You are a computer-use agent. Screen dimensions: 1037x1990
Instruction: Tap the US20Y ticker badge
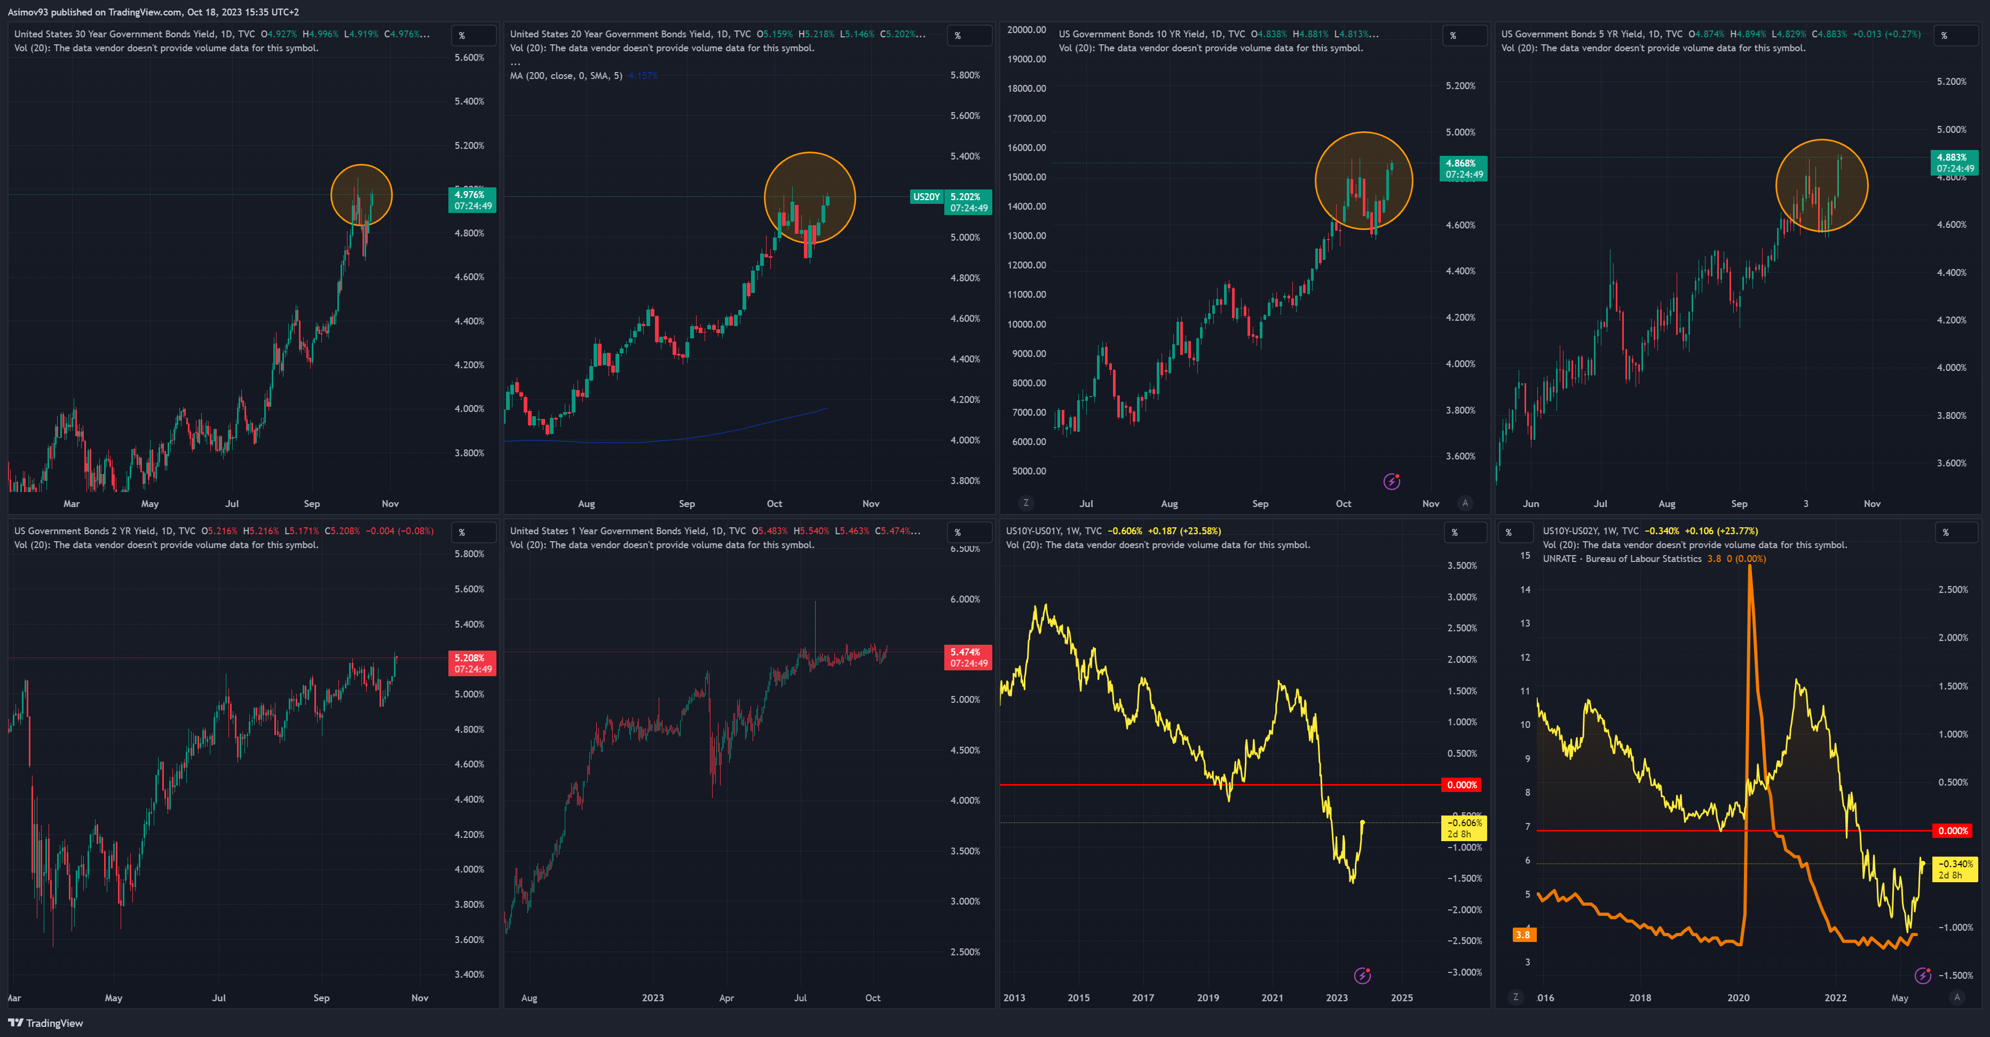click(926, 197)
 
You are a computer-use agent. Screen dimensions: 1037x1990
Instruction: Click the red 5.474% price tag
click(968, 657)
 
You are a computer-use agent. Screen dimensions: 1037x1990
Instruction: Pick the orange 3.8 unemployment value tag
click(1522, 935)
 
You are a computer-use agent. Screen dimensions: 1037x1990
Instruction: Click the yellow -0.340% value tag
click(1954, 869)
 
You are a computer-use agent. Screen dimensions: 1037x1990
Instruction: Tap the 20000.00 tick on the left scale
click(1026, 30)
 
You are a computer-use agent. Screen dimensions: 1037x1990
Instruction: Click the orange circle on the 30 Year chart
click(361, 195)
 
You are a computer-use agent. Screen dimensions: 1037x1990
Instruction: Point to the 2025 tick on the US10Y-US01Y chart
click(1401, 998)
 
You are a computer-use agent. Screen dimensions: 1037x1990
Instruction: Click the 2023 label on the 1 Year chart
click(653, 998)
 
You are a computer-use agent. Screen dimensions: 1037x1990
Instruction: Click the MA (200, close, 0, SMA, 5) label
click(565, 76)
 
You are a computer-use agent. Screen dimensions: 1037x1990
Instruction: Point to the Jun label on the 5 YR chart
click(1530, 503)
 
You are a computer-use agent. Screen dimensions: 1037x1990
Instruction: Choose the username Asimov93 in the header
click(28, 12)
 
